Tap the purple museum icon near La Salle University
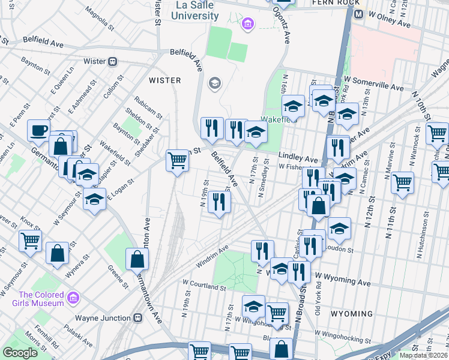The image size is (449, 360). [247, 25]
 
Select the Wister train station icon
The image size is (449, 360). [112, 61]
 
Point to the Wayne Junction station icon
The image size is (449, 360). [138, 318]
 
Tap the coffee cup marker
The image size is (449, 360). [39, 130]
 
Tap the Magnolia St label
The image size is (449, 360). [100, 19]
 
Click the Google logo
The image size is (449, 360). [20, 353]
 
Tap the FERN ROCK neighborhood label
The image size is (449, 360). [327, 2]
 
